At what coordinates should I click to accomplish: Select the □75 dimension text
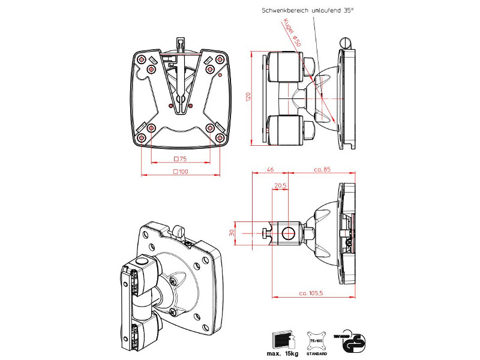[179, 159]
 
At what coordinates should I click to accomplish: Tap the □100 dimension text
[180, 172]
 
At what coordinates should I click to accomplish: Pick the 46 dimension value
[270, 170]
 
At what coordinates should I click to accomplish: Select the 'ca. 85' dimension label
[323, 170]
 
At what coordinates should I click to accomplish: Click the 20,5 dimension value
[280, 185]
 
